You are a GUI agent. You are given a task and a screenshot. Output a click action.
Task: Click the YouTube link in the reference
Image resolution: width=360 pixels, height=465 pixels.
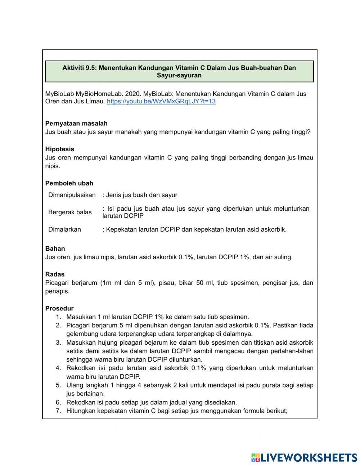[161, 102]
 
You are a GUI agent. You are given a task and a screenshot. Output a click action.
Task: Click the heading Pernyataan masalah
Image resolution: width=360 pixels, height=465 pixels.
[76, 123]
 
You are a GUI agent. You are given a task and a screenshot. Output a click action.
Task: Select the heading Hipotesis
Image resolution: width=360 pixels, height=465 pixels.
[60, 149]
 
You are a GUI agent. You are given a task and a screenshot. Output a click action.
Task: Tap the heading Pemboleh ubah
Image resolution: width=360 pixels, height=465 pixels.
[69, 183]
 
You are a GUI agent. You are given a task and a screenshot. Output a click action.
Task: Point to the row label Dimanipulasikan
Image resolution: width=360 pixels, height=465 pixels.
[72, 195]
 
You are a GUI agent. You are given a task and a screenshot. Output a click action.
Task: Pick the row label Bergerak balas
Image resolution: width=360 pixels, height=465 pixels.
[70, 212]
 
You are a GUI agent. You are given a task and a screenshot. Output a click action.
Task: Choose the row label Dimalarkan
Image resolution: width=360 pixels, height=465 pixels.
[65, 229]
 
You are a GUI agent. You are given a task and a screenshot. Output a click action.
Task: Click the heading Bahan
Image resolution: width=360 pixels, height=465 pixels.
[55, 249]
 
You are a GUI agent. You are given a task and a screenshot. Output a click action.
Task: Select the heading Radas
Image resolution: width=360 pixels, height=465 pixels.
[55, 274]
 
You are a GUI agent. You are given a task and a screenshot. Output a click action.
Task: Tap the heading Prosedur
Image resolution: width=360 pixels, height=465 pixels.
[59, 308]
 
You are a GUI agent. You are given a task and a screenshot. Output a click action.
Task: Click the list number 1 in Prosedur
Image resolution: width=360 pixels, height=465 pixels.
[58, 317]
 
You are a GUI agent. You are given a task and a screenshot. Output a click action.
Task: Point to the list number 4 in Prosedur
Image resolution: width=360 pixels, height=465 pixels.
[58, 368]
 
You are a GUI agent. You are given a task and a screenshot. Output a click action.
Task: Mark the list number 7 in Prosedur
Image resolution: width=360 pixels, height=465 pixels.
[58, 411]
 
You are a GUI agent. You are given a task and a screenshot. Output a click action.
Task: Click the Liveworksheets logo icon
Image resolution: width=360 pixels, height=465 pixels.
[256, 457]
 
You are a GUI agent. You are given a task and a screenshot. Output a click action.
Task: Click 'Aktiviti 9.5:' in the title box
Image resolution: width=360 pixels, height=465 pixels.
[80, 68]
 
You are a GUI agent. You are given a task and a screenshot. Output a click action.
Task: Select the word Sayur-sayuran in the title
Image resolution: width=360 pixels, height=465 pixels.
[179, 76]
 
